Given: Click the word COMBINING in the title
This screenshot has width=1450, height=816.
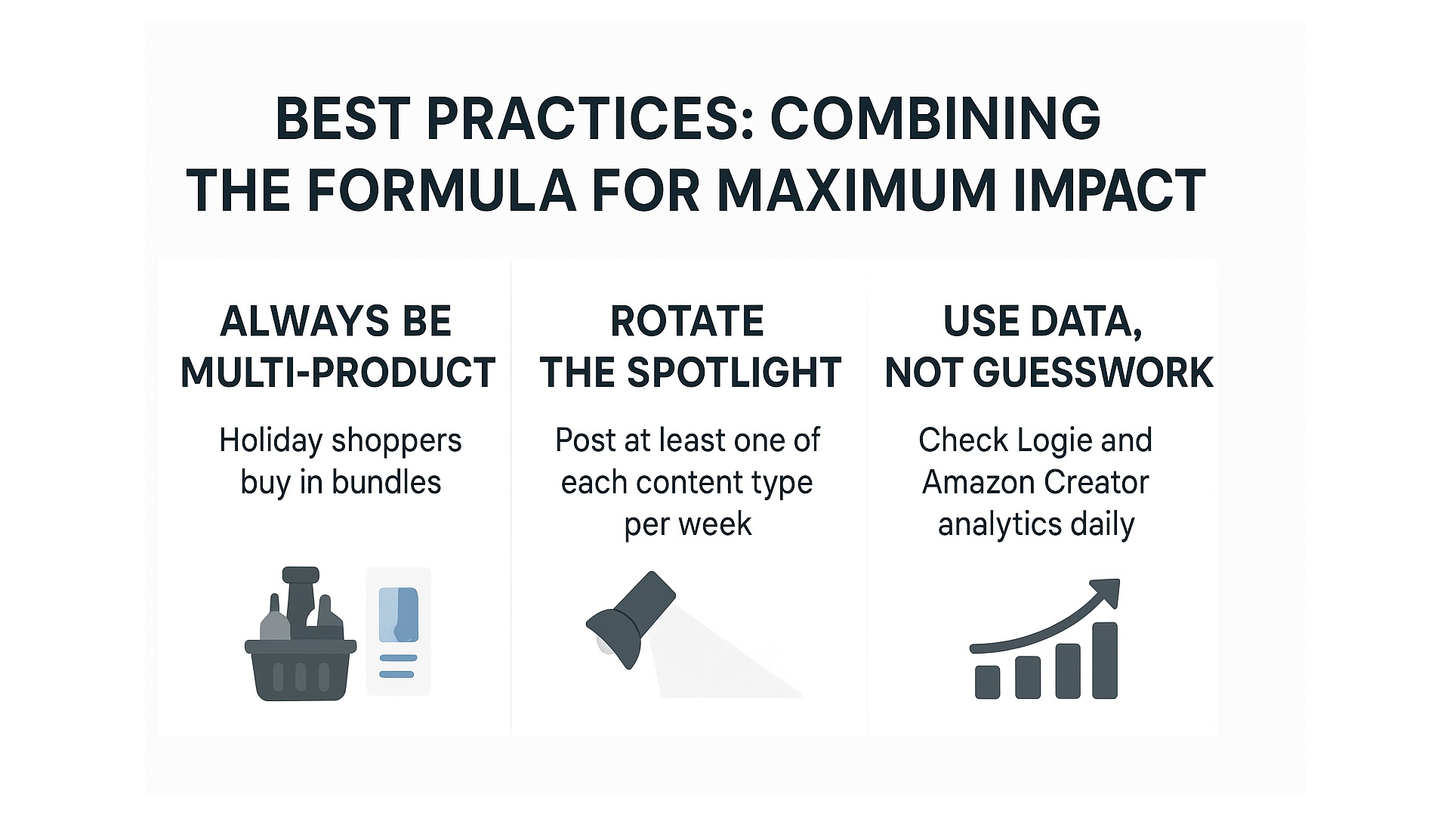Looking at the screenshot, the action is [935, 119].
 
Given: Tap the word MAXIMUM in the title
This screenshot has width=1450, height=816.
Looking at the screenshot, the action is [857, 190].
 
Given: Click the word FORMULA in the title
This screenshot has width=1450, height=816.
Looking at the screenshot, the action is [442, 190].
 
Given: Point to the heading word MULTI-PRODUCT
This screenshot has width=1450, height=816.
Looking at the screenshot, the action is [338, 372].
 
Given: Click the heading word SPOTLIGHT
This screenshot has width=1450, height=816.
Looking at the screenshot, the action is [734, 372].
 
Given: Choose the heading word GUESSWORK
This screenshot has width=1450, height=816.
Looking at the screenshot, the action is [1093, 372].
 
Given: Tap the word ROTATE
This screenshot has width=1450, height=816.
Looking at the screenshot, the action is [687, 321].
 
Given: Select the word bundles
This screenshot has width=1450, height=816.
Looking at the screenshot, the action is [386, 482].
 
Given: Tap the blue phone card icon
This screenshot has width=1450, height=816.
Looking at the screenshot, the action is [398, 631].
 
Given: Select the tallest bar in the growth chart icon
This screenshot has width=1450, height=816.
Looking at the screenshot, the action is [1105, 660].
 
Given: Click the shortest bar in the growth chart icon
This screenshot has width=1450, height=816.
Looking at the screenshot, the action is [988, 682].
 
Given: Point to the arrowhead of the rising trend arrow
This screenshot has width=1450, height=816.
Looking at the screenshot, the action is [1106, 592].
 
